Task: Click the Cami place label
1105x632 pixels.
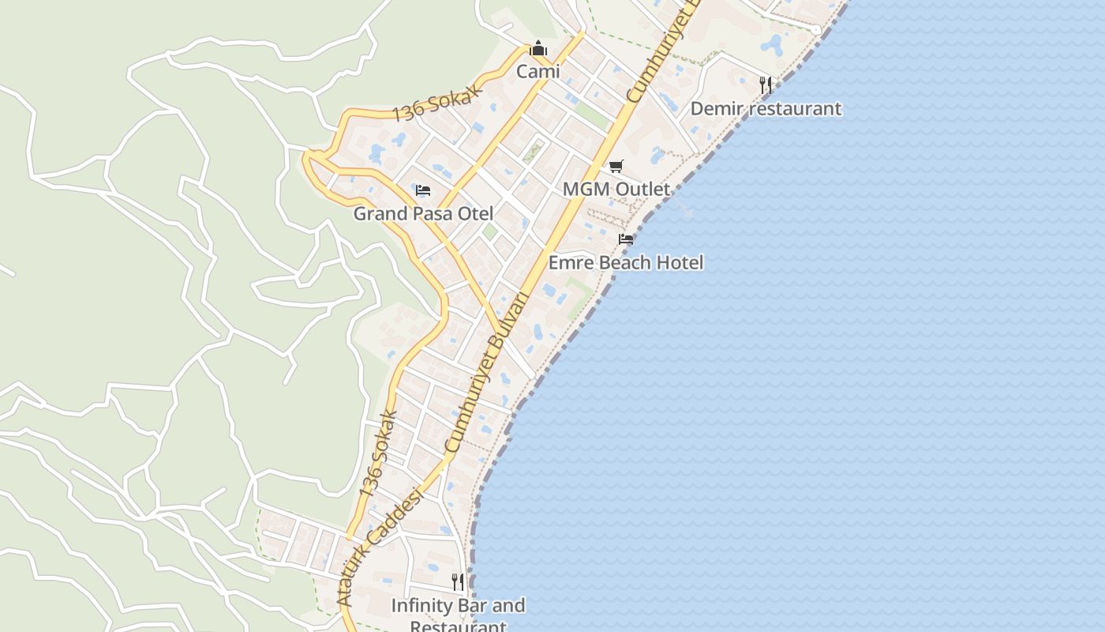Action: pyautogui.click(x=538, y=72)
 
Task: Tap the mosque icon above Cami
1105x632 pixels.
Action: pyautogui.click(x=538, y=49)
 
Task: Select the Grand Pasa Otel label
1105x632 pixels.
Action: pyautogui.click(x=423, y=213)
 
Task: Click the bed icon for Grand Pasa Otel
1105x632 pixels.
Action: pyautogui.click(x=423, y=190)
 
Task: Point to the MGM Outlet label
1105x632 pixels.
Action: pyautogui.click(x=616, y=190)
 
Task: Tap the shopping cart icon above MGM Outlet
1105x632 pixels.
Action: pyautogui.click(x=616, y=166)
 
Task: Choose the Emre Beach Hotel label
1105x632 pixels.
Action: pyautogui.click(x=626, y=262)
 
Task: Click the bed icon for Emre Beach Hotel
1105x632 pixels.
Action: pyautogui.click(x=626, y=239)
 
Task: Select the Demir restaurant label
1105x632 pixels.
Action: pyautogui.click(x=766, y=108)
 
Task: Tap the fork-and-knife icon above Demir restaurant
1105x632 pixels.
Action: pyautogui.click(x=765, y=85)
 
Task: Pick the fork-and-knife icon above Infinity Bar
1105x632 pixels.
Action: pyautogui.click(x=458, y=582)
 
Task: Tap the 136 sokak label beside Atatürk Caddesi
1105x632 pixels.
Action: pyautogui.click(x=376, y=453)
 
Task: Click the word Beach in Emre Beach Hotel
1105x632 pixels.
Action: pyautogui.click(x=623, y=262)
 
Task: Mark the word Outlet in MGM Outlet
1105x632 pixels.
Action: pyautogui.click(x=642, y=190)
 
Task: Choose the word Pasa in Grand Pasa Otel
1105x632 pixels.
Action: pyautogui.click(x=431, y=213)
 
